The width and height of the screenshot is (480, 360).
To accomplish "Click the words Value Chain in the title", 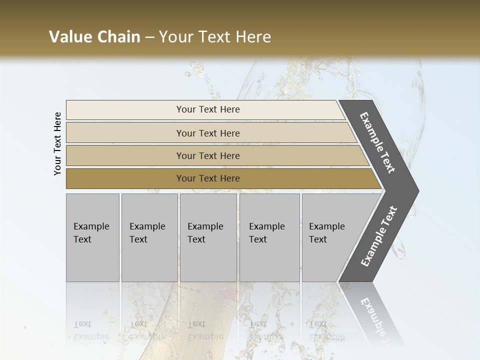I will point(94,37).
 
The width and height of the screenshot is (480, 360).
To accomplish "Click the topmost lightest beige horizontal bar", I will point(125,109).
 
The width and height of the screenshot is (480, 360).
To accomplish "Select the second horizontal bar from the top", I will point(125,133).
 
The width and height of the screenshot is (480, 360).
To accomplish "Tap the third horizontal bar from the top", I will point(125,156).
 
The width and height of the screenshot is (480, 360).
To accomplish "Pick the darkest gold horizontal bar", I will point(125,178).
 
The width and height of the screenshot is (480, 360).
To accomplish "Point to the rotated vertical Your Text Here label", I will point(57,143).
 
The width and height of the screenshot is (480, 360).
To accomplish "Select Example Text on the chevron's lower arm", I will point(379,236).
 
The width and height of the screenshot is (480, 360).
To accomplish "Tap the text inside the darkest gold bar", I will point(208,178).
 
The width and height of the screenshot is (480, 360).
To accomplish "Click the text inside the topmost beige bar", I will point(208,109).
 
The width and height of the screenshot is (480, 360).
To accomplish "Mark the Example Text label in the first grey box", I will point(91,232).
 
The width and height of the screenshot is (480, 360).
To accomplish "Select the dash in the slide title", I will point(149,37).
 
